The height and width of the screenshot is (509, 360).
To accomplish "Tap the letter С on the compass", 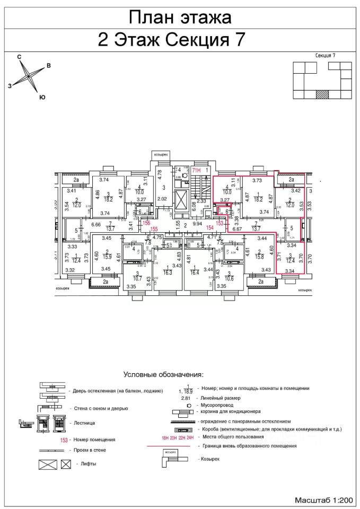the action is click(19, 56).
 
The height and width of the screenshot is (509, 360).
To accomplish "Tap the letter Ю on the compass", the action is click(42, 97).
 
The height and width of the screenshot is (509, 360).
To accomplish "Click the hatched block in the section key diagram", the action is click(322, 94).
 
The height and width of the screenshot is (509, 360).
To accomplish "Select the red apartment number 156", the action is click(147, 223).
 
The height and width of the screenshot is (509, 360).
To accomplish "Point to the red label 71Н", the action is click(196, 170).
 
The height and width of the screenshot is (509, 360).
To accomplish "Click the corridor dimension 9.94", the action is click(197, 224).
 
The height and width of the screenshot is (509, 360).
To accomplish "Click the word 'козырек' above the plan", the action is click(161, 154).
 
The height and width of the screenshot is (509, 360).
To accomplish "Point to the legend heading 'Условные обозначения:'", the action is click(164, 375).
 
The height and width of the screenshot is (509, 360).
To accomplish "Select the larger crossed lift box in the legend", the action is click(47, 465).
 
